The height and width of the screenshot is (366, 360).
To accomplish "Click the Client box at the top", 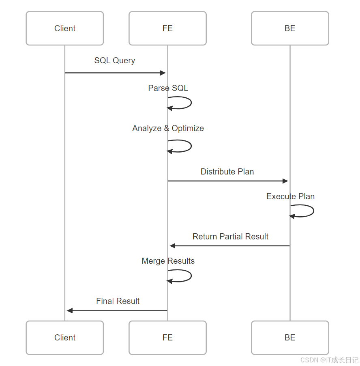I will (x=65, y=28).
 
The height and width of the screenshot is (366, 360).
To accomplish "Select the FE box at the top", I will (x=167, y=28).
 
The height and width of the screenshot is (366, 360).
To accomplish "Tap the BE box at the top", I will (x=290, y=28).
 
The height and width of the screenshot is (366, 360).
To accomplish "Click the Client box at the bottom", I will (x=65, y=338).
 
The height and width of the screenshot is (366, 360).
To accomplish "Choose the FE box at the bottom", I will (x=167, y=338).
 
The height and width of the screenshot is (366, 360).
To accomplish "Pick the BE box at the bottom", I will (x=290, y=338).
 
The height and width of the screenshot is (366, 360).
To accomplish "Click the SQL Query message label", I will (x=115, y=60).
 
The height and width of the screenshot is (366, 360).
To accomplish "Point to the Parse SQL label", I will (x=168, y=88).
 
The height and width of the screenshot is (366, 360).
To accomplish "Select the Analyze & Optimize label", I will (x=168, y=128).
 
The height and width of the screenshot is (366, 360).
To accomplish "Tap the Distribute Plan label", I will (x=227, y=172).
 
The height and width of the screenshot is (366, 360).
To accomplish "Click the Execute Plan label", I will (x=290, y=196).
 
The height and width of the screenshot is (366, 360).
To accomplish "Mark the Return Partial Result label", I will (x=230, y=237).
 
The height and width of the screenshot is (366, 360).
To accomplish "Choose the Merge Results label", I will (x=168, y=261).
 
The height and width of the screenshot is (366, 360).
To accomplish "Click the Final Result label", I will (x=118, y=301).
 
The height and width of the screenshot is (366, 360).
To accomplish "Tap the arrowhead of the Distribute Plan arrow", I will (x=285, y=181).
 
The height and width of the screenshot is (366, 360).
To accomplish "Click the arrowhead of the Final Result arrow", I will (x=70, y=311).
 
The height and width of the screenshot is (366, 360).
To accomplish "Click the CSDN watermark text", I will (x=329, y=360).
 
